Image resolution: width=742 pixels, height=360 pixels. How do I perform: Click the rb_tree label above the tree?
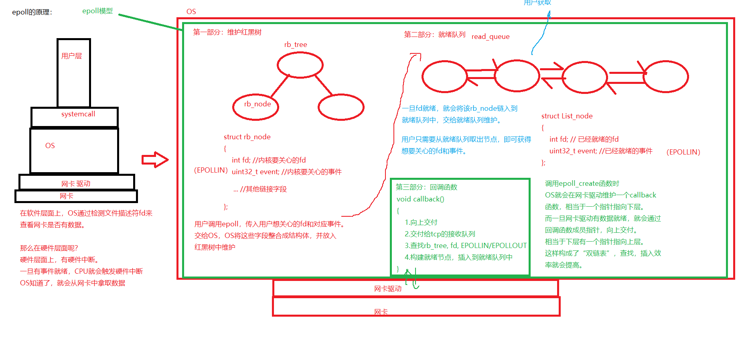point(296,45)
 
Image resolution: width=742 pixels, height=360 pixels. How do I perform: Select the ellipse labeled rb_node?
point(256,107)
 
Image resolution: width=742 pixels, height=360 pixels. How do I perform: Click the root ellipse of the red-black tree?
point(300,65)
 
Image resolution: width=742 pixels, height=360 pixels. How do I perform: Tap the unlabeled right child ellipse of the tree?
point(341,107)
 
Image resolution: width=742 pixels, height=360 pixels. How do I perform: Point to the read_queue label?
point(491,37)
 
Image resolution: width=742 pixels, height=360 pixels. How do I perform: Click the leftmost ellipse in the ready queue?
point(444,76)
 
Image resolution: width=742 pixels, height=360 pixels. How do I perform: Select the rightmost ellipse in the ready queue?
point(666,77)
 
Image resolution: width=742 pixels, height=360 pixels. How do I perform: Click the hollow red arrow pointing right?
point(155,160)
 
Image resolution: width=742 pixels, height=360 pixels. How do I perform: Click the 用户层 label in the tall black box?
point(71,56)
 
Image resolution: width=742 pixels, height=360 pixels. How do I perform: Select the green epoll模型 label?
point(97,11)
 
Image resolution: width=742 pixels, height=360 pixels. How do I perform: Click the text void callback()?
point(420,199)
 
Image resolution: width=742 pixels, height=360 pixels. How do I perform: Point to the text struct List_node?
point(567,116)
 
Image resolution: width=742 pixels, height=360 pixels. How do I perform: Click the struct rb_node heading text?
point(247,137)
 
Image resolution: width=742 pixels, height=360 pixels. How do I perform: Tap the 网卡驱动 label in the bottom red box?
point(387,289)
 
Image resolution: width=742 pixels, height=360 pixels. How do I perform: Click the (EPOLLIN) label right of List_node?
point(683,152)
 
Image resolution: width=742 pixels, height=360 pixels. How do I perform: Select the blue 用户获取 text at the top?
point(537,3)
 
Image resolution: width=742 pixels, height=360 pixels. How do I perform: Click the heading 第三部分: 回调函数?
point(426,187)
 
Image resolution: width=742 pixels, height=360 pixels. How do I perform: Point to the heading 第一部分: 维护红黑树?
point(227,32)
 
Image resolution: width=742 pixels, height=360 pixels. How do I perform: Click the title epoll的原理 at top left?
point(32,12)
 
